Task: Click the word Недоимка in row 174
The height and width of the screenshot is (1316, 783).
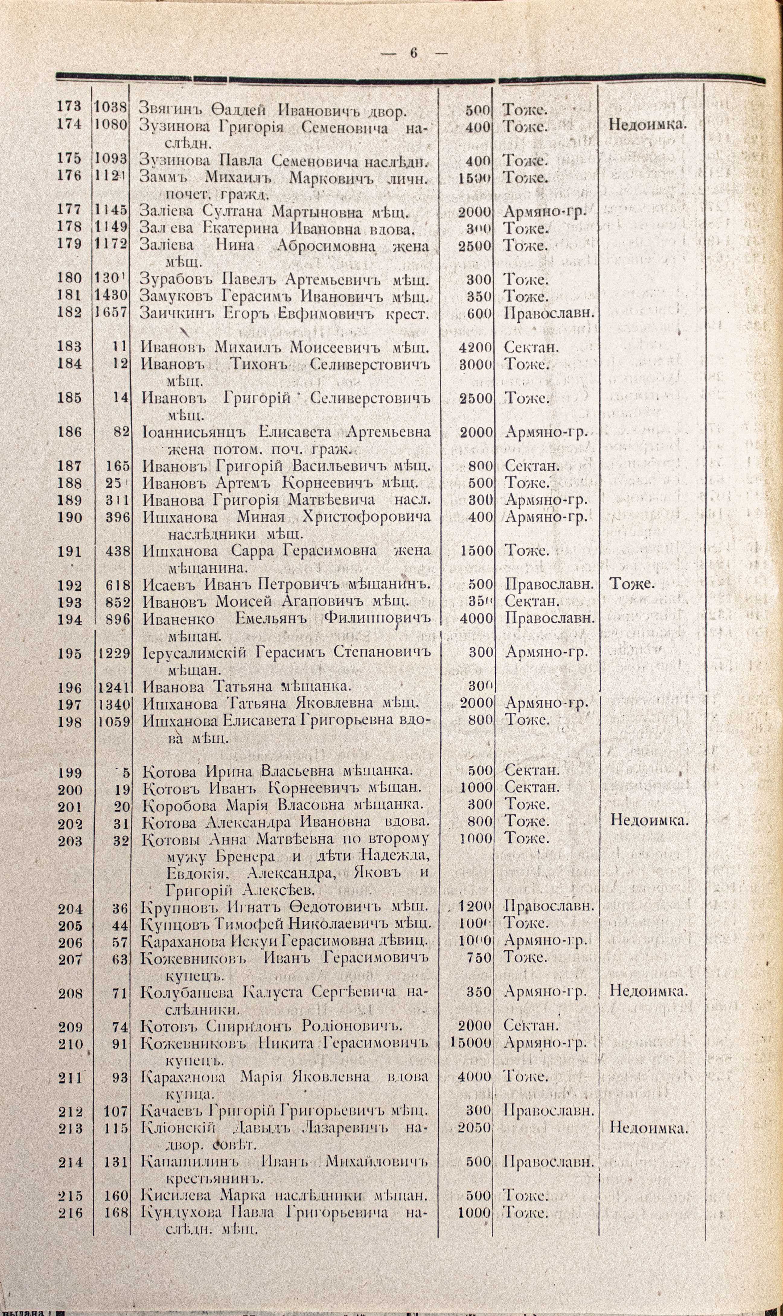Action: coord(648,124)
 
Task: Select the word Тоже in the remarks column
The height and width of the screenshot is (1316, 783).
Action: coord(632,584)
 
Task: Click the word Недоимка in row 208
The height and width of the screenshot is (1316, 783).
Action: coord(648,990)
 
